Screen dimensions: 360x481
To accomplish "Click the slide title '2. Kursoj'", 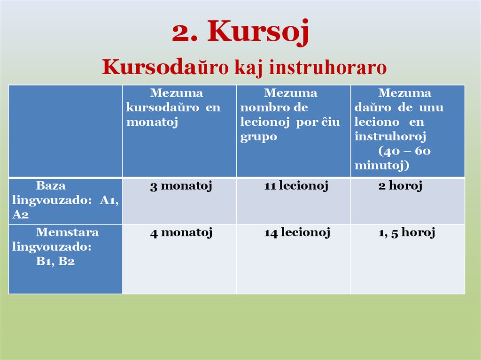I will pos(240,32).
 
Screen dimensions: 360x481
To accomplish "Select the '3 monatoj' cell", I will pos(181,186).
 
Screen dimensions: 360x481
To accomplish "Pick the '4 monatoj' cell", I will pos(181,232).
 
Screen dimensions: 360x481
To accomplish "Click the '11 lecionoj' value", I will pos(296,186).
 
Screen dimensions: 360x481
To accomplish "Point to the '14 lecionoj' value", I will pos(297,232).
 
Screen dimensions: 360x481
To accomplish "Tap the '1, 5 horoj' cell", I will pos(407,232).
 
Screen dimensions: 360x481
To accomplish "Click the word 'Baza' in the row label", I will pos(51,185).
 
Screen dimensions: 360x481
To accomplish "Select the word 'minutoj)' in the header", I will pos(382,166).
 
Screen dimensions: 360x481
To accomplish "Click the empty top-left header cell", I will pos(65,130).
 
